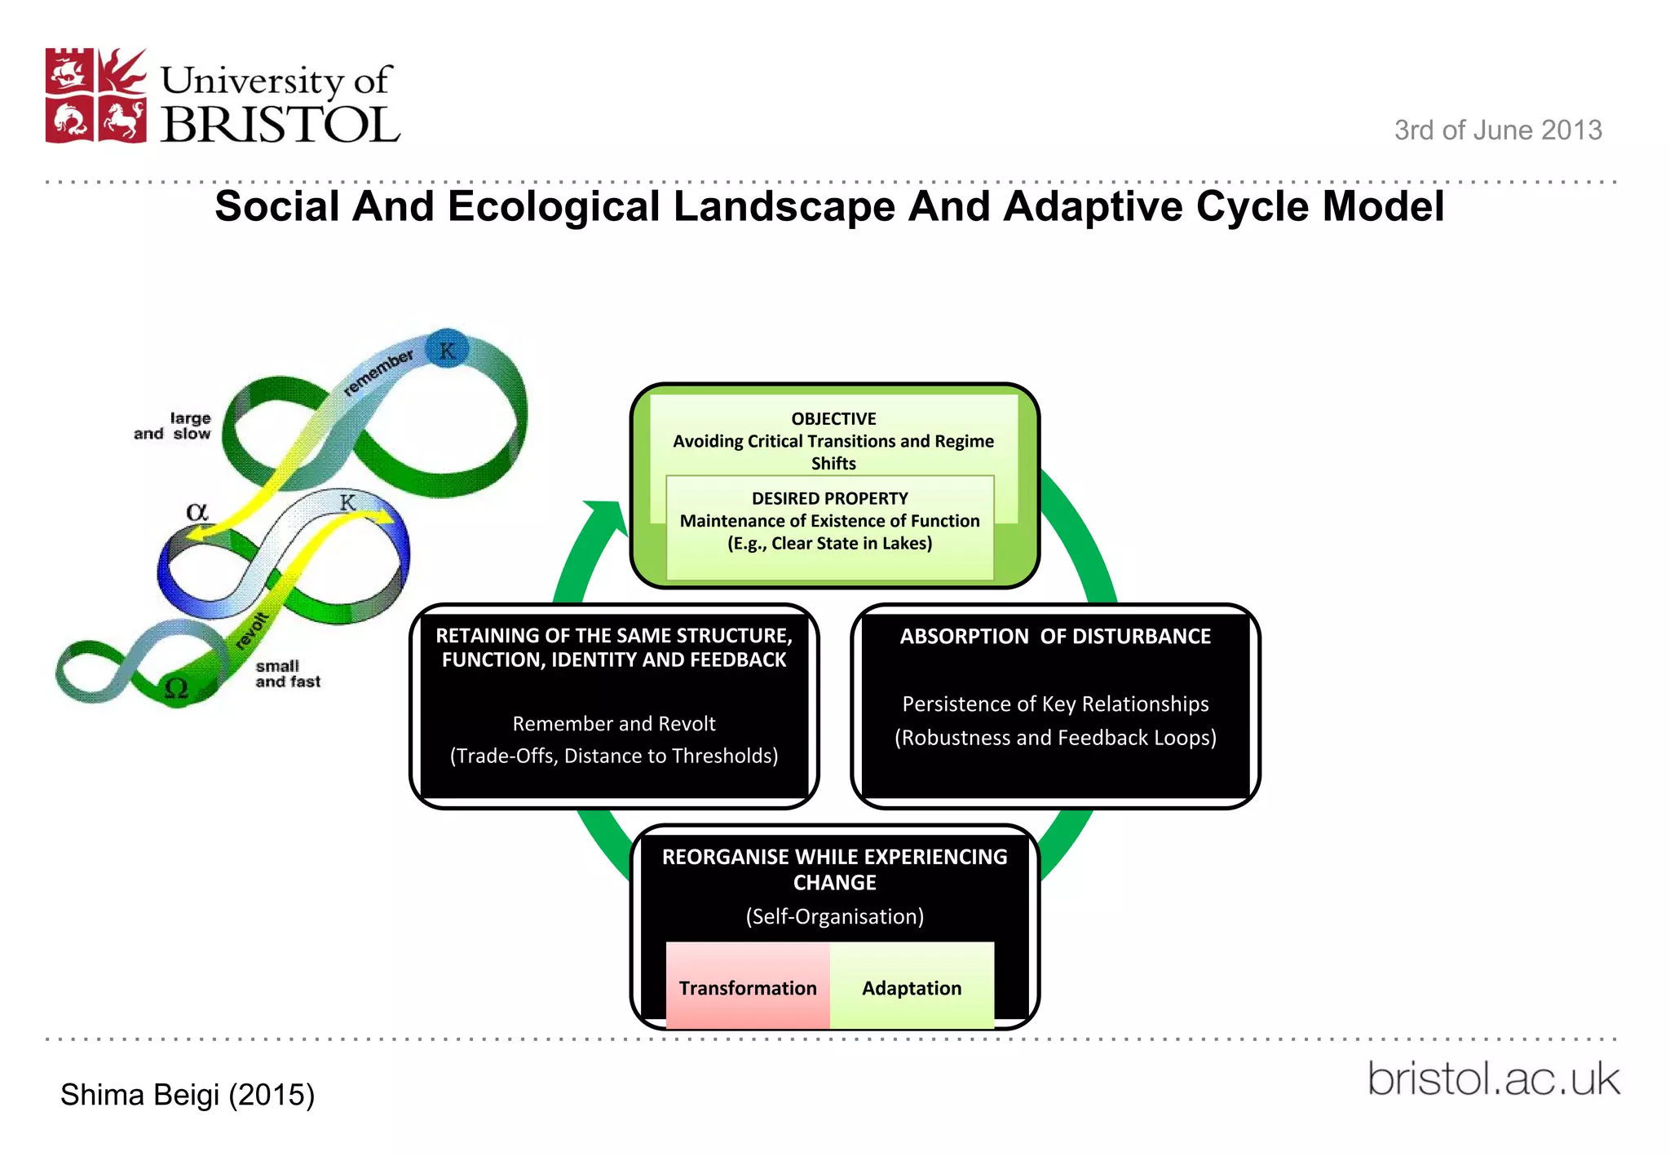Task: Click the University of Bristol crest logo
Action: [x=96, y=96]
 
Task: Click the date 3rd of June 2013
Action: [x=1497, y=130]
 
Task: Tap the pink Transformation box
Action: [x=748, y=986]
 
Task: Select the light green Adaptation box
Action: [x=912, y=986]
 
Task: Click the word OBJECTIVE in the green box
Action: [x=833, y=419]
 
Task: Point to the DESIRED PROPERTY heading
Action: [x=829, y=498]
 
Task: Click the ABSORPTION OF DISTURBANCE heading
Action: [x=1054, y=637]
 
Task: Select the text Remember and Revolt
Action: [x=613, y=724]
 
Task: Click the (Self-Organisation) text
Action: [x=834, y=916]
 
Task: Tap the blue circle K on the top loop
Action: [x=447, y=350]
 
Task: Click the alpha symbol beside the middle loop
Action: [x=197, y=512]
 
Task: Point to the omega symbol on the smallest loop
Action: [x=177, y=689]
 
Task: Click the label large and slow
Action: [x=173, y=426]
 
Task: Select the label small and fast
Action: [x=287, y=674]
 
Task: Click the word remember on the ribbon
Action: [x=378, y=373]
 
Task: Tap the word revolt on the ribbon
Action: [x=252, y=630]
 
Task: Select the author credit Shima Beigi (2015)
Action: [x=188, y=1095]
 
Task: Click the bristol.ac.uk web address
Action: [x=1493, y=1079]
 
